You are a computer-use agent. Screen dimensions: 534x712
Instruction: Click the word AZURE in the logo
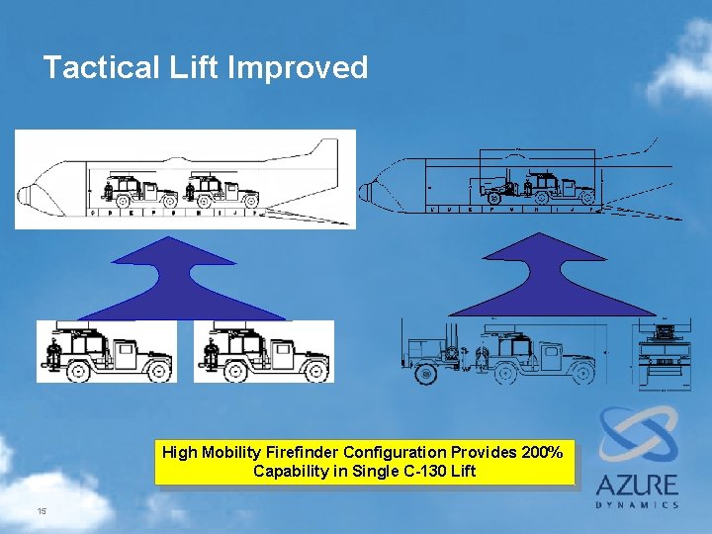(637, 486)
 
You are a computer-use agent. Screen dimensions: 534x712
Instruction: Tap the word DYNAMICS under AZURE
(637, 504)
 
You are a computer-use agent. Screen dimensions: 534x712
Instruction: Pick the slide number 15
(42, 511)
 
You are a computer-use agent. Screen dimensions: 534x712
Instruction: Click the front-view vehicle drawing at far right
(661, 352)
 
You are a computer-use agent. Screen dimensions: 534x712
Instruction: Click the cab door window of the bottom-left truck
(126, 349)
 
